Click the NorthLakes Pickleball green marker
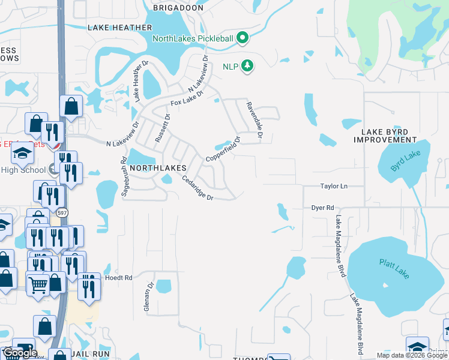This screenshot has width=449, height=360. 243,39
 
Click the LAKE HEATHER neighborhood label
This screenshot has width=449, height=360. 114,28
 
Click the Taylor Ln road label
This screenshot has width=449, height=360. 334,187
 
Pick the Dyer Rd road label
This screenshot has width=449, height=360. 322,208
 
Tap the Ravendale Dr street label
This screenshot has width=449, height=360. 254,120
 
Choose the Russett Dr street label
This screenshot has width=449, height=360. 163,127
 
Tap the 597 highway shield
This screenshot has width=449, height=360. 63,213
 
